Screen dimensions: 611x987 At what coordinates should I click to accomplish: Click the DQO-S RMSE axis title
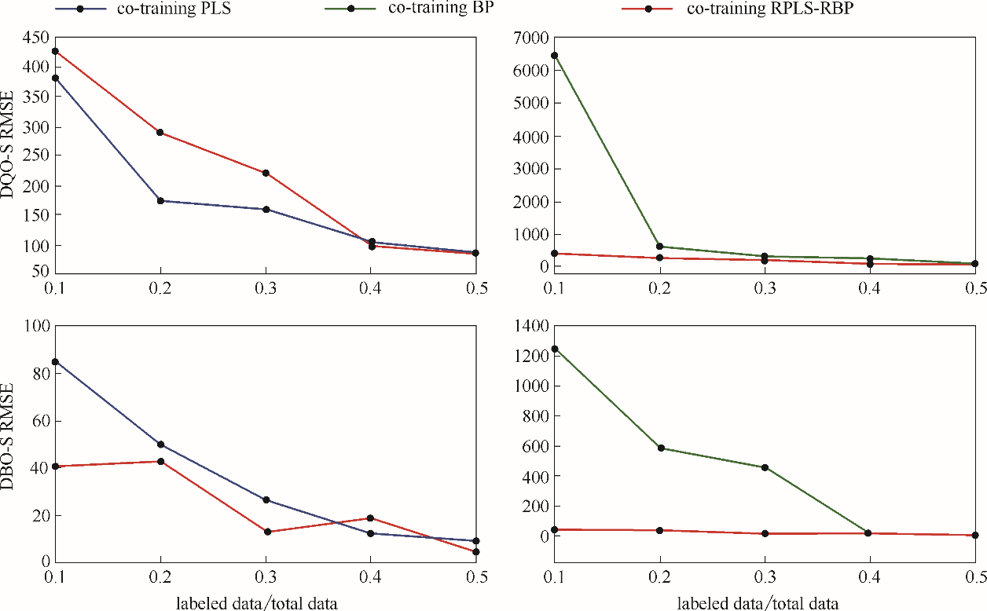pos(11,154)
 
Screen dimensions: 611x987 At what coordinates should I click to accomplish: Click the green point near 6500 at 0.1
pos(555,55)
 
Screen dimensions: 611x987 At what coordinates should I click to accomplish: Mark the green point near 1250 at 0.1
pos(555,349)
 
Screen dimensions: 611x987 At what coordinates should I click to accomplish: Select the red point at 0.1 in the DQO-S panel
pos(55,51)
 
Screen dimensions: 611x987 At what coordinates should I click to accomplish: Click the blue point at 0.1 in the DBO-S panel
pos(55,362)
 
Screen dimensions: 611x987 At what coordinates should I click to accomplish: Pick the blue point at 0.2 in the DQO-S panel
pos(160,201)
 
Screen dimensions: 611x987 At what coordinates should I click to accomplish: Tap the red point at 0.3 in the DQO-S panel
pos(266,173)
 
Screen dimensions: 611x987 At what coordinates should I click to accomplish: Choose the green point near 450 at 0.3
pos(765,467)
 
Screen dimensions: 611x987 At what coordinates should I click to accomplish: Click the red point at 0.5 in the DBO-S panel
pos(475,552)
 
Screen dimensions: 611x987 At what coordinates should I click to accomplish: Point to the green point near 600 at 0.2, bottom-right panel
pos(660,448)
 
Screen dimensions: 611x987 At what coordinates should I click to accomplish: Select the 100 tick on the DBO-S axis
pos(36,326)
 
